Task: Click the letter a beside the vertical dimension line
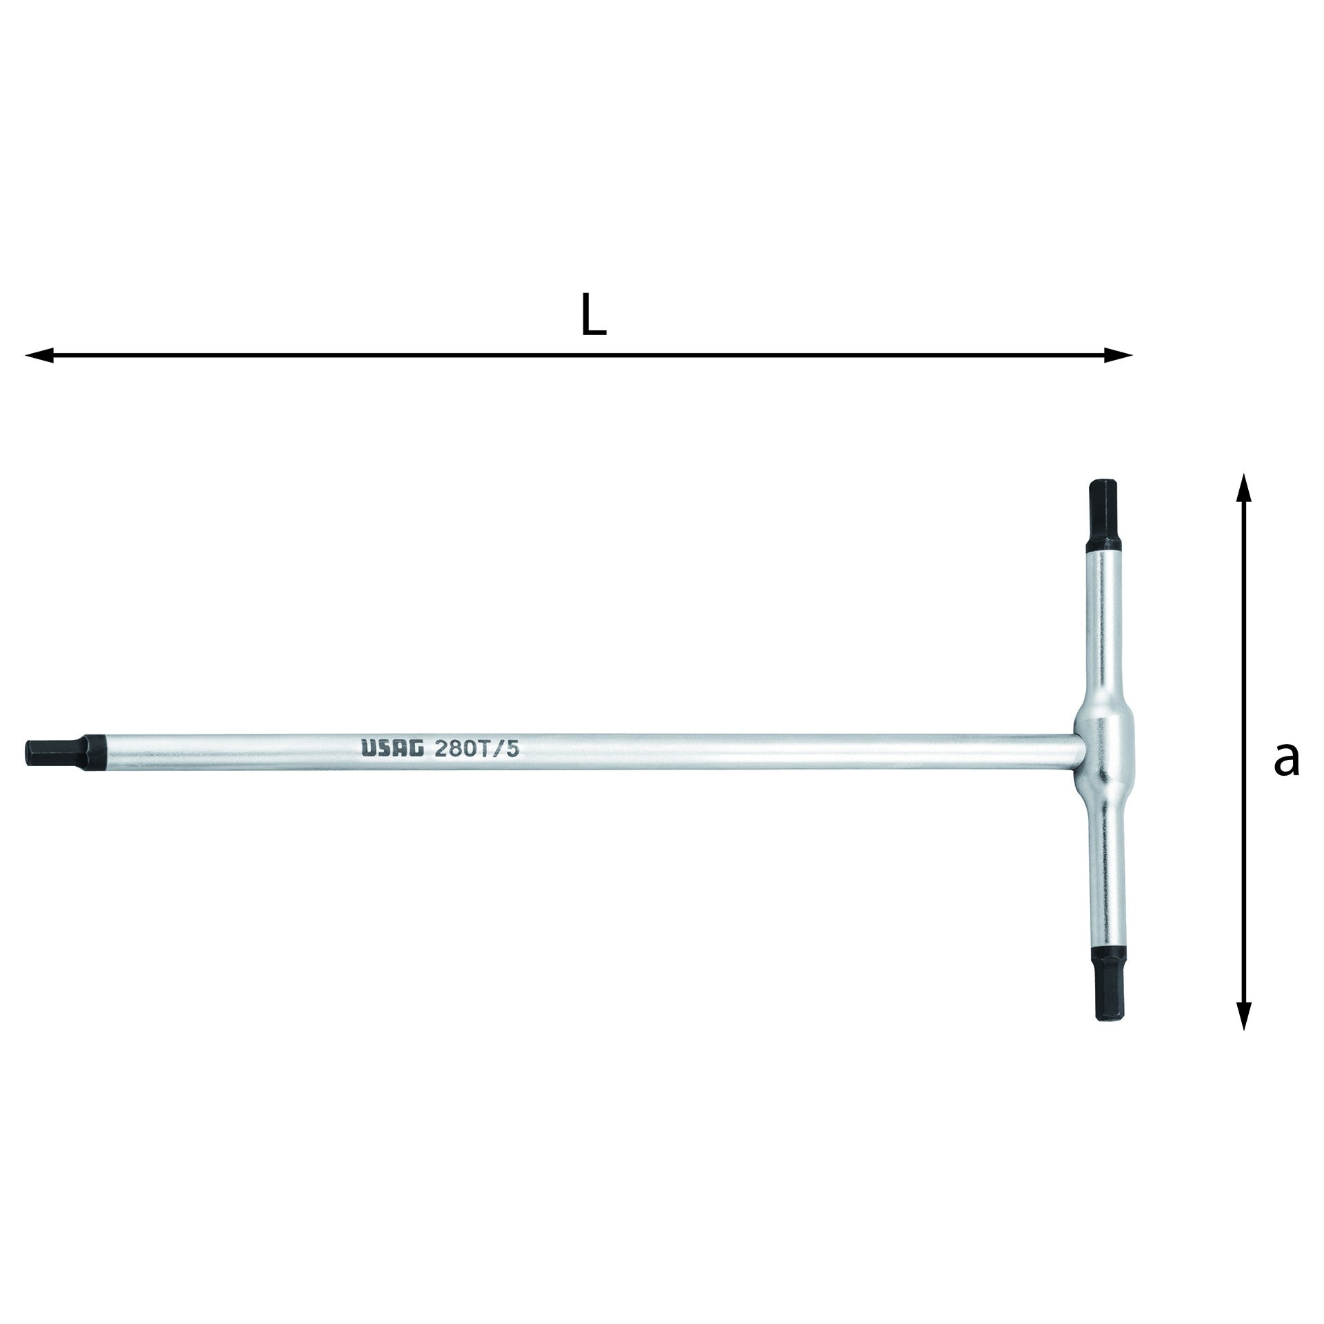tap(1285, 759)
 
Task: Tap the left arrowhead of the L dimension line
tap(39, 356)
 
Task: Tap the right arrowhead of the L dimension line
tap(1119, 356)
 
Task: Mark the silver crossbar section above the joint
tap(1101, 621)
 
